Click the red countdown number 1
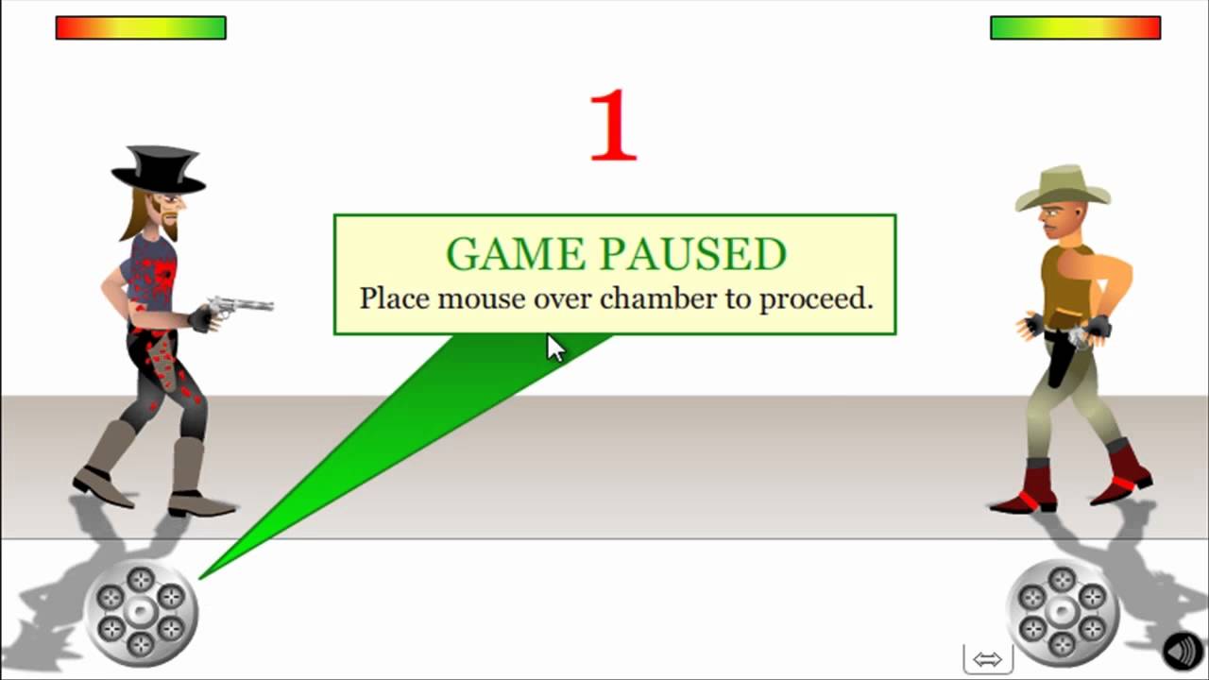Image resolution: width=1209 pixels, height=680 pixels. tap(613, 127)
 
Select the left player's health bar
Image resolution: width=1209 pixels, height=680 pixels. tap(141, 28)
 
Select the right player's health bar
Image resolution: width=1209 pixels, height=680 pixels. tap(1075, 28)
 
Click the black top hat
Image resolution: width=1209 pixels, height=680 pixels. tap(159, 168)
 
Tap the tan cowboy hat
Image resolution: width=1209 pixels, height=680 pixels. tap(1063, 187)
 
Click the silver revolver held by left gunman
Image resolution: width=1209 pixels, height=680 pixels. tap(241, 306)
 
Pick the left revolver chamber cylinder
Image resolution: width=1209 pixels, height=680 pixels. tap(141, 613)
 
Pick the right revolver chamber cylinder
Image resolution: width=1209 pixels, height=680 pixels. tap(1063, 613)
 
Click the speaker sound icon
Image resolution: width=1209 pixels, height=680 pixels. tap(1183, 651)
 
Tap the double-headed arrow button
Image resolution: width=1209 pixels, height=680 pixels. tap(987, 659)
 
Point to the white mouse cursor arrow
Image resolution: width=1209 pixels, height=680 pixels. tap(554, 348)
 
